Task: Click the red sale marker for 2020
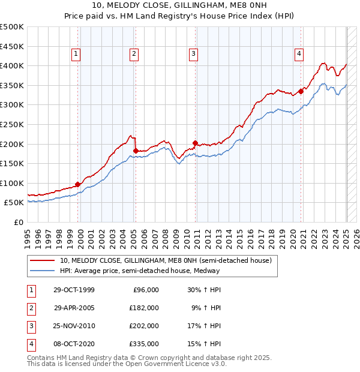point(301,92)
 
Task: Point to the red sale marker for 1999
point(78,184)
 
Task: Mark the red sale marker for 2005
point(136,151)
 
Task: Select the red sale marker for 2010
point(195,143)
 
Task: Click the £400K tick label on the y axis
point(12,65)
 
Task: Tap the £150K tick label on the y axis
point(12,163)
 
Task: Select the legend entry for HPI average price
point(140,271)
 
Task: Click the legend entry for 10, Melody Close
point(166,260)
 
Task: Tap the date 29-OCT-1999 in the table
point(74,290)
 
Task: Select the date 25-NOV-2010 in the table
point(74,326)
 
